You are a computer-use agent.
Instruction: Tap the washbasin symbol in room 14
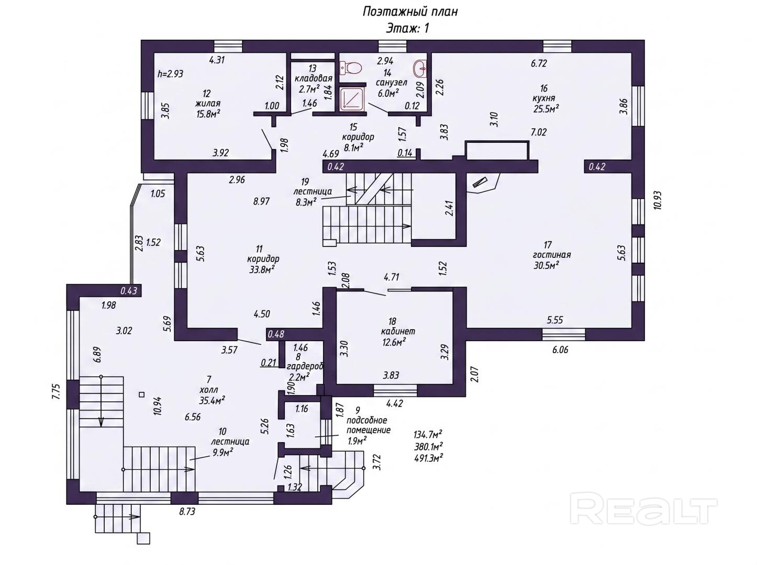pyautogui.click(x=420, y=69)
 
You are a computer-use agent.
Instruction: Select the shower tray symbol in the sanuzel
pyautogui.click(x=351, y=99)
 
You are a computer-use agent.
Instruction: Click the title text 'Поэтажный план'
pyautogui.click(x=410, y=12)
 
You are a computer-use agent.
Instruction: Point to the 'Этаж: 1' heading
pyautogui.click(x=407, y=28)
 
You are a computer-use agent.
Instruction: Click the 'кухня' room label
pyautogui.click(x=543, y=98)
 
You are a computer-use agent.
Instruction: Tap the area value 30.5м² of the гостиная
pyautogui.click(x=546, y=265)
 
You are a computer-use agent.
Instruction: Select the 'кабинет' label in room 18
pyautogui.click(x=398, y=332)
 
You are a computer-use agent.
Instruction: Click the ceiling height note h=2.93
pyautogui.click(x=170, y=74)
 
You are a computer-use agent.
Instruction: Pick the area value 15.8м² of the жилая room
pyautogui.click(x=208, y=114)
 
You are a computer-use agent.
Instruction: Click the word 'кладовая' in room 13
pyautogui.click(x=314, y=78)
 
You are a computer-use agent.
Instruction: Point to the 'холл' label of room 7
pyautogui.click(x=209, y=390)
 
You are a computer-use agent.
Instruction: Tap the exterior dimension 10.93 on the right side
pyautogui.click(x=658, y=200)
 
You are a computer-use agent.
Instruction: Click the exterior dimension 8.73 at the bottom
pyautogui.click(x=187, y=512)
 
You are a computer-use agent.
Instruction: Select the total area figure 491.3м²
pyautogui.click(x=428, y=458)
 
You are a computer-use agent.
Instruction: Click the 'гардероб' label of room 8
pyautogui.click(x=304, y=366)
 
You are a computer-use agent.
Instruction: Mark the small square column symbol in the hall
pyautogui.click(x=141, y=394)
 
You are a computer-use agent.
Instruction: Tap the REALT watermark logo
pyautogui.click(x=643, y=508)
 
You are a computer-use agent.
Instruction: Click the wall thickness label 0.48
pyautogui.click(x=276, y=334)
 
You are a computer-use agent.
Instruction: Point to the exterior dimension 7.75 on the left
pyautogui.click(x=56, y=391)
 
